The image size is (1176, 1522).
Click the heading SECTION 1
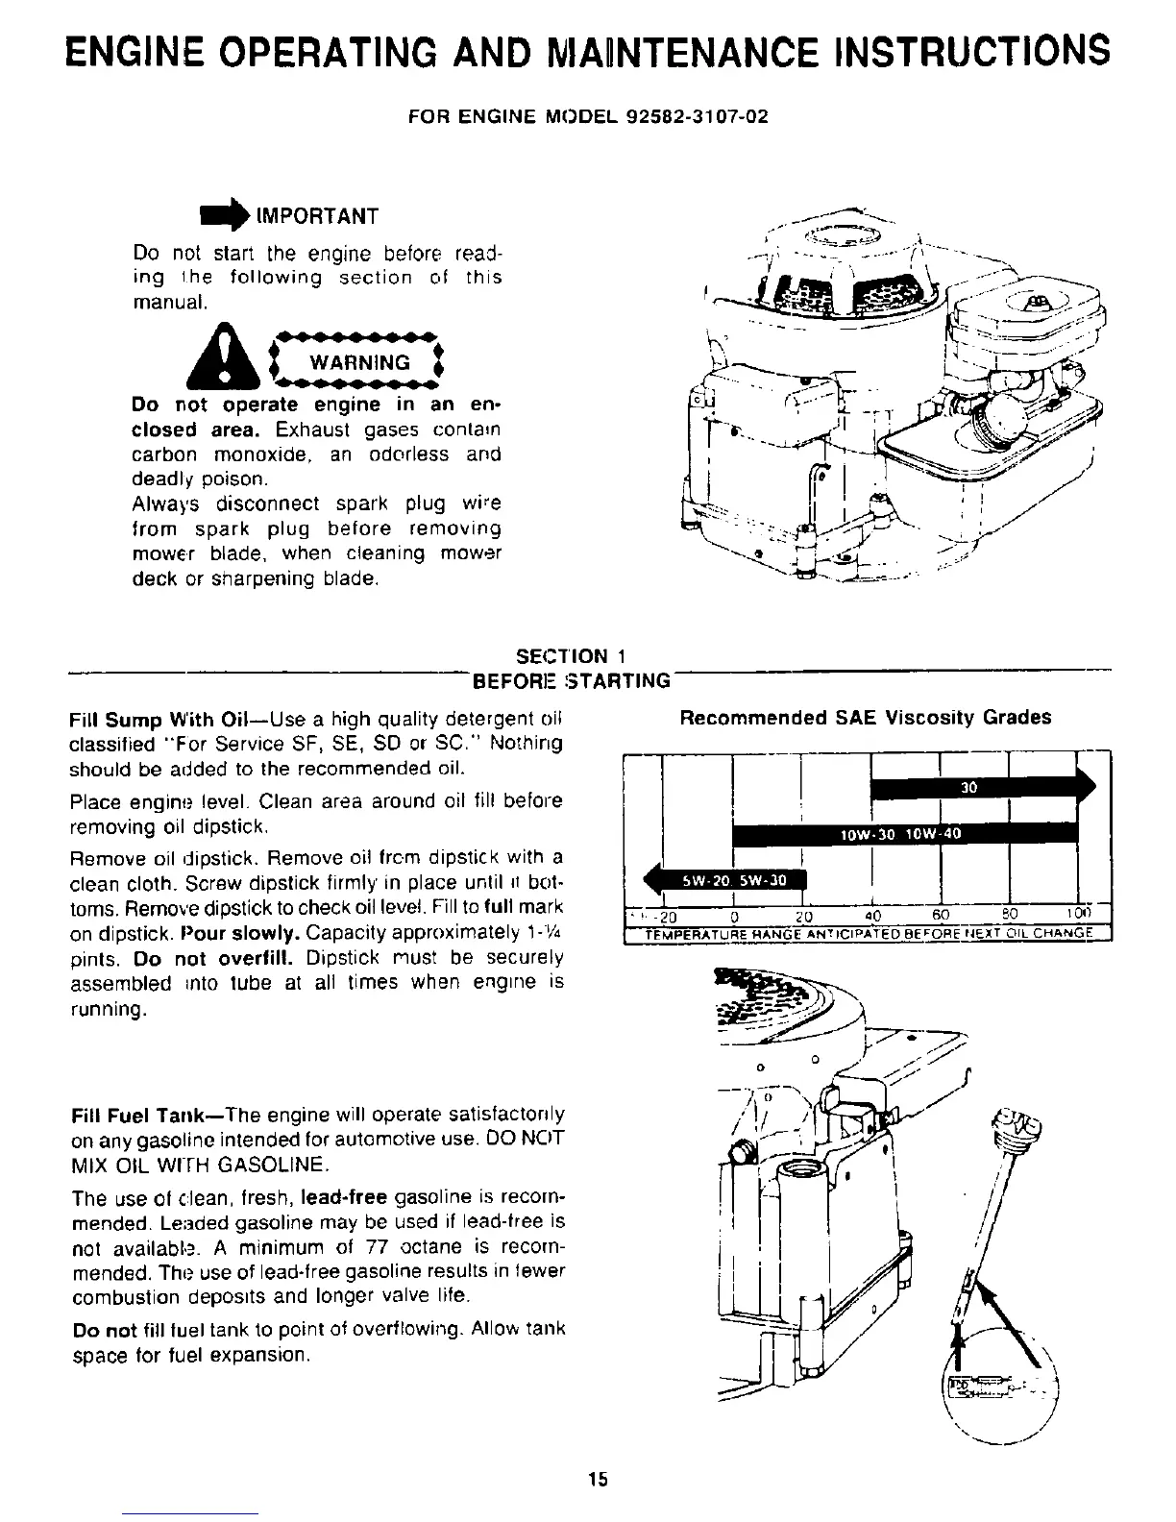point(571,656)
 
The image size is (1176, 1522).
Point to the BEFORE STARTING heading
point(570,681)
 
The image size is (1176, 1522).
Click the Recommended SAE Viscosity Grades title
point(865,718)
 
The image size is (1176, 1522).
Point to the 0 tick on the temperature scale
point(734,915)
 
